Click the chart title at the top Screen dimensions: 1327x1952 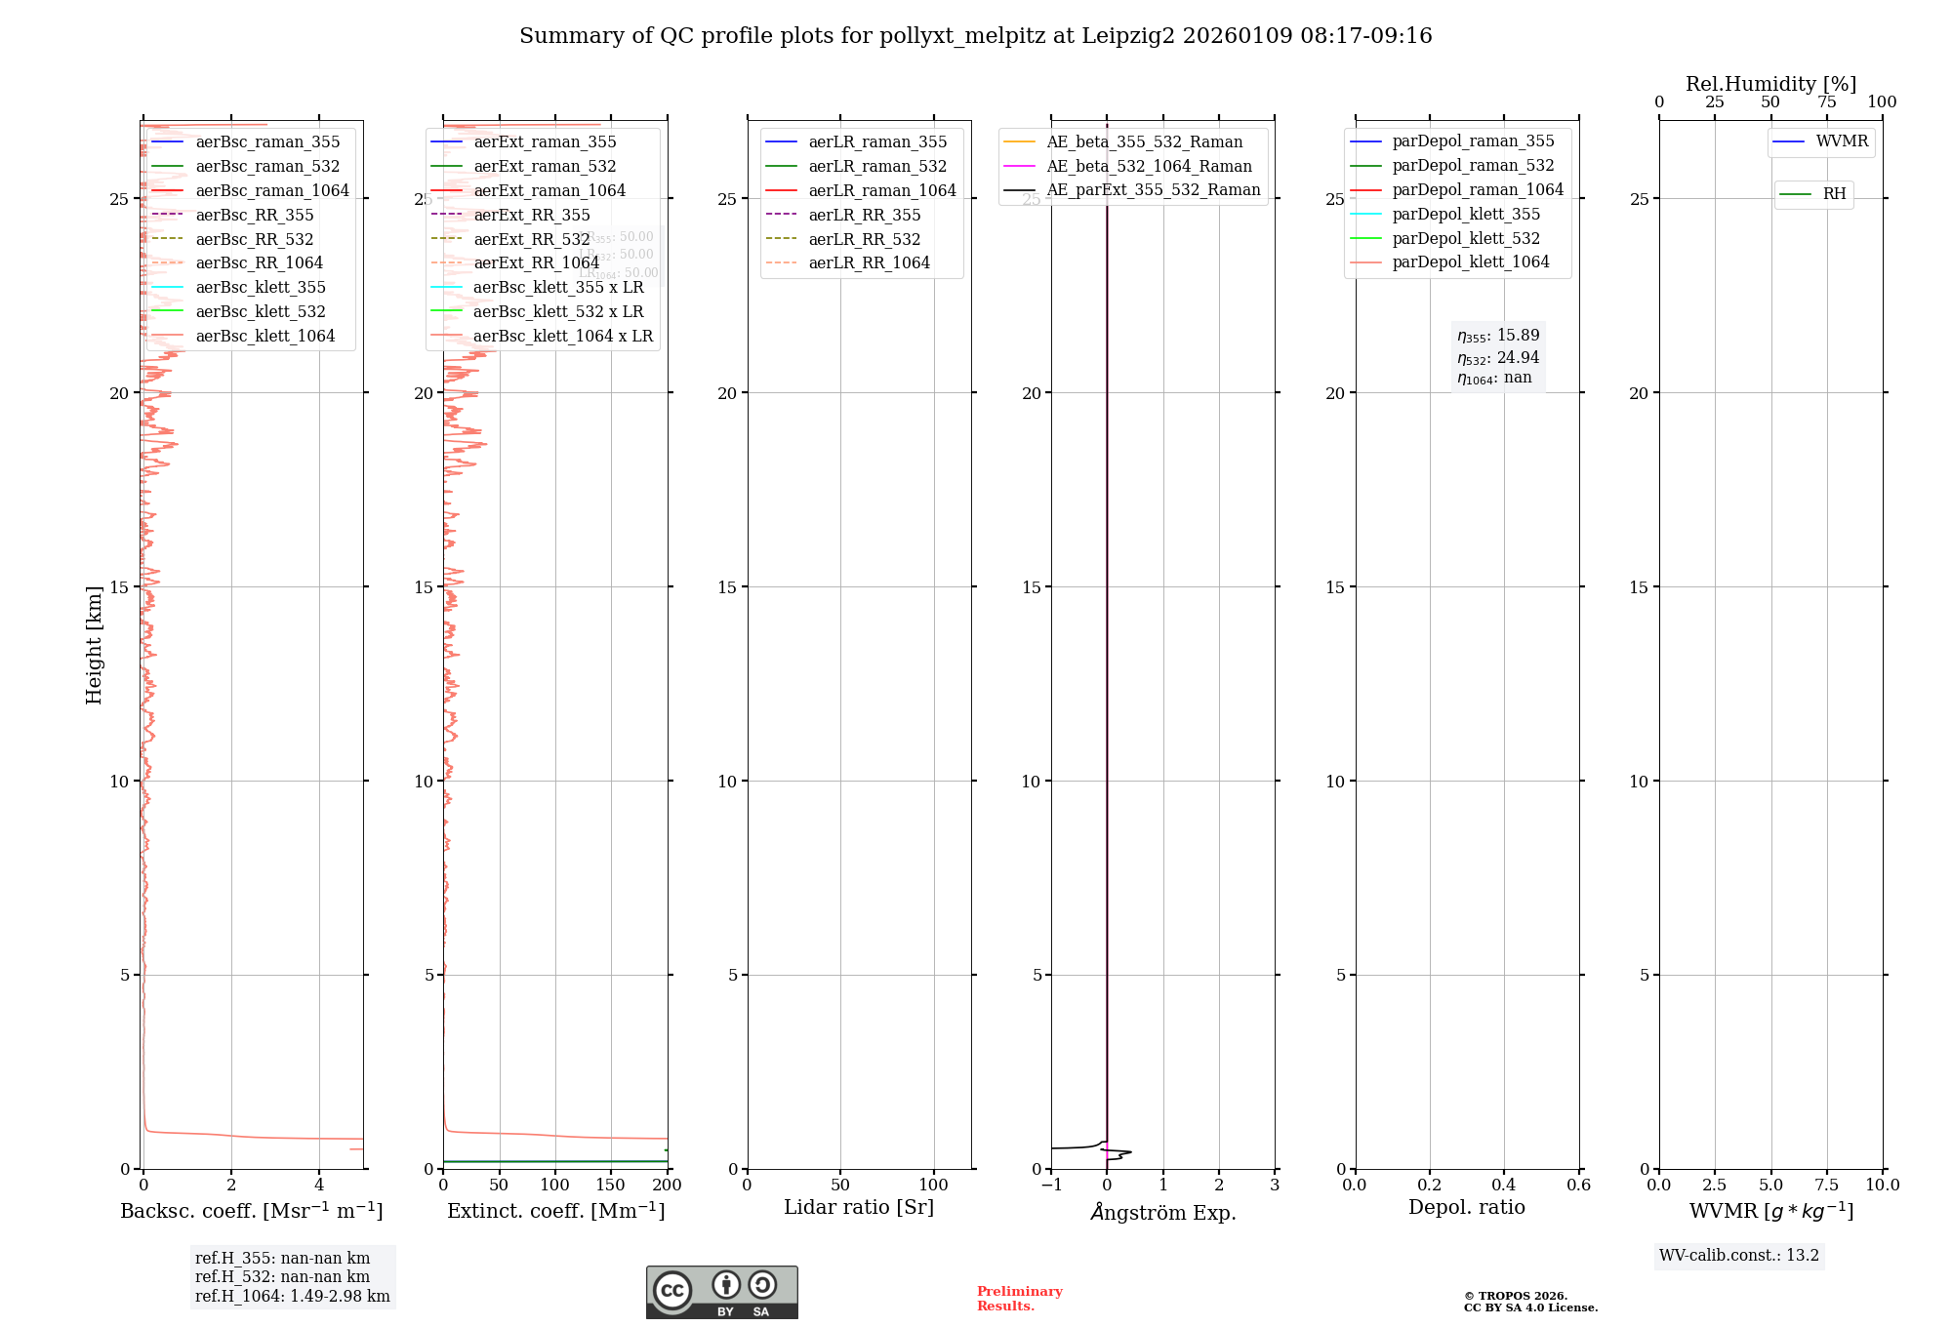[975, 36]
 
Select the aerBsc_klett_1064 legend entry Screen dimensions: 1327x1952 [264, 336]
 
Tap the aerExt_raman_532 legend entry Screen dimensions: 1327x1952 [545, 166]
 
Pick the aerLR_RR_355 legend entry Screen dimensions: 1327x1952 [864, 215]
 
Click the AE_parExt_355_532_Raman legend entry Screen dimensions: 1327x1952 [1153, 190]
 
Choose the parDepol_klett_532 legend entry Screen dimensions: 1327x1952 [1465, 238]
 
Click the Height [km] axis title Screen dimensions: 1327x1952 [94, 645]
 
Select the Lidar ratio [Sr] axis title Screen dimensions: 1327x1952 [859, 1207]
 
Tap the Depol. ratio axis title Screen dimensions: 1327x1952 [1466, 1207]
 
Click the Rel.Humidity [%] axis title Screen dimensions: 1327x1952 [1770, 84]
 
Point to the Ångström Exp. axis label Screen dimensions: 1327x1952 [1162, 1212]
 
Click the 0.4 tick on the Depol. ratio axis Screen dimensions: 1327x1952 [1504, 1186]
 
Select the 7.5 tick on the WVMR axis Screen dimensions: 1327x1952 [1826, 1186]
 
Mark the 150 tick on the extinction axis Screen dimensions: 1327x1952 [611, 1186]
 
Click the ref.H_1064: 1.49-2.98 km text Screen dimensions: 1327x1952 [292, 1297]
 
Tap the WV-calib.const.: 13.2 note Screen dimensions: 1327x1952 [1738, 1256]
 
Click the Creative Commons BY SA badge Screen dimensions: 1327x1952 [721, 1292]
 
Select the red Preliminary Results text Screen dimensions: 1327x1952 [1019, 1299]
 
